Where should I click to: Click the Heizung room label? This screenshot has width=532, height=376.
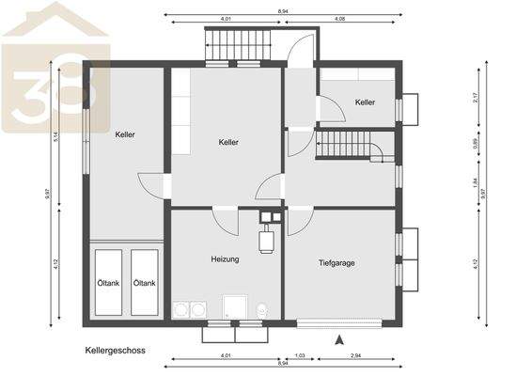tap(225, 258)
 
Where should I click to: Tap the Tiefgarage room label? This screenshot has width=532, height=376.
tap(336, 264)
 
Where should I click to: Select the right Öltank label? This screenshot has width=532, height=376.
tap(144, 283)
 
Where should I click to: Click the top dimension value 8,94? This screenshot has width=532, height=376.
tap(283, 12)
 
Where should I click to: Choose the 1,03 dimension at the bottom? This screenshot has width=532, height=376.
tap(300, 355)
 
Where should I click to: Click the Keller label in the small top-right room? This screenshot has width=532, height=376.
tap(365, 102)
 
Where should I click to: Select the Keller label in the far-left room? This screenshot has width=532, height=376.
tap(125, 134)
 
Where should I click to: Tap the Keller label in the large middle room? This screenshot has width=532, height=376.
tap(227, 142)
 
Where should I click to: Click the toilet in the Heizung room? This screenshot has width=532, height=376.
tap(262, 309)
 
